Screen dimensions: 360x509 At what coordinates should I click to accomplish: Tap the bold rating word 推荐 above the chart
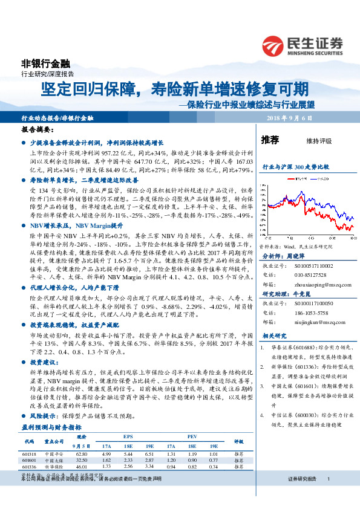270,140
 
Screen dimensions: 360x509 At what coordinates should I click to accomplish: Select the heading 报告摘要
35,130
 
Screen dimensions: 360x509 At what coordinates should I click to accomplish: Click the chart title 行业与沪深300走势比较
295,166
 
